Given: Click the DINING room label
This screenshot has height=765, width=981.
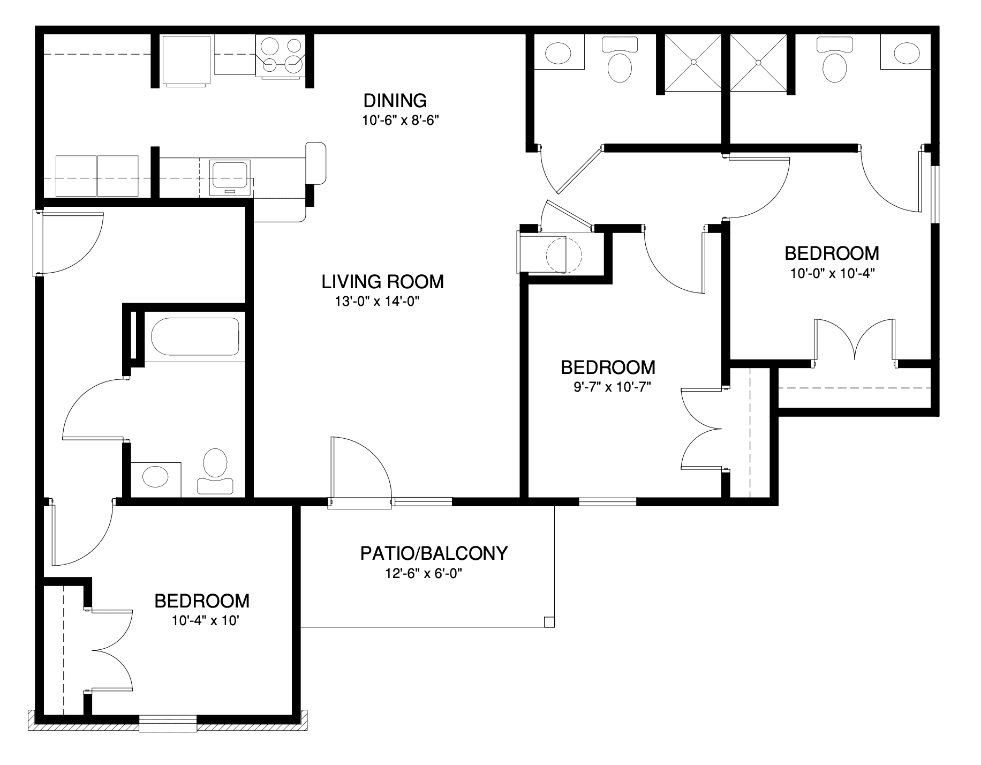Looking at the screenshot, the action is click(x=395, y=100).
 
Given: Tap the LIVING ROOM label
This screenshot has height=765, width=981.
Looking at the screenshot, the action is click(x=383, y=281).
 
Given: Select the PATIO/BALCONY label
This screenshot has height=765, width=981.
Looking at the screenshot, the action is click(x=434, y=553).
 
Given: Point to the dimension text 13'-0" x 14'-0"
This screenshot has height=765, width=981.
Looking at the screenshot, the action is click(x=376, y=302).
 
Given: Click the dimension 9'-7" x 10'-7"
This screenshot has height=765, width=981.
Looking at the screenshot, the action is click(x=612, y=387).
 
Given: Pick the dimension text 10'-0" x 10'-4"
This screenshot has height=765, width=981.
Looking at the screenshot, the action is click(x=832, y=273).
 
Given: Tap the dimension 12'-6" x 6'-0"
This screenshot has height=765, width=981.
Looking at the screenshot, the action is click(x=424, y=574).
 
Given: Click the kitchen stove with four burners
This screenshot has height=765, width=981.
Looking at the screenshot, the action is click(x=280, y=56).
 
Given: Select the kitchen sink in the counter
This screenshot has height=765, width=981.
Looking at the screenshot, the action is click(x=230, y=178).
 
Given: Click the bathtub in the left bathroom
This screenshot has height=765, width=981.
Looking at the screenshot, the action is click(x=195, y=336).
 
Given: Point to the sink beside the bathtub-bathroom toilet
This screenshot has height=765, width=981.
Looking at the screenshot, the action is click(x=155, y=476).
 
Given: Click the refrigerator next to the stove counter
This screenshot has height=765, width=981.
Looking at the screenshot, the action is click(x=186, y=61).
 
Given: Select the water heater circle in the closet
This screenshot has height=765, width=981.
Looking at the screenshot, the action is click(x=563, y=254).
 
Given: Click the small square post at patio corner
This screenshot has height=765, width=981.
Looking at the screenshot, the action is click(x=549, y=622).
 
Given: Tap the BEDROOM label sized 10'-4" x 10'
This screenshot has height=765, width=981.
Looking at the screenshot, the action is click(x=202, y=601).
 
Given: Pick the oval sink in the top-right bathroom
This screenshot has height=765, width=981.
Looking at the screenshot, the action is click(x=907, y=52).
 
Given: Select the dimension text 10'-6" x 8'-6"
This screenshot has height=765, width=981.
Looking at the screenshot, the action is click(x=401, y=121).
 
